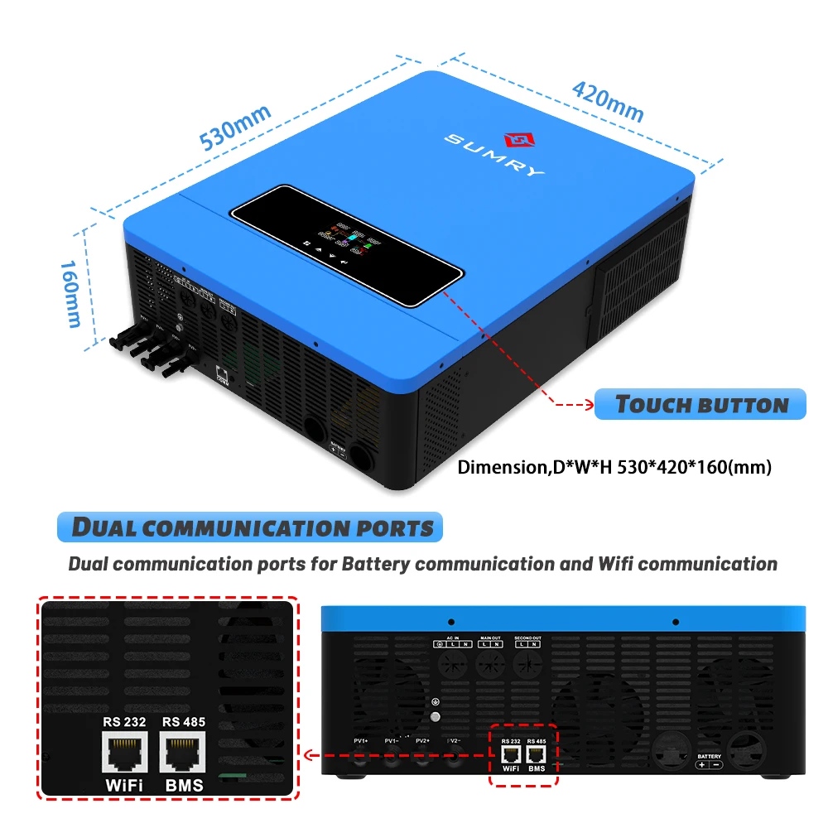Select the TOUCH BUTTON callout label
point(700,405)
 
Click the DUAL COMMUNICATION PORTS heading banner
point(251,527)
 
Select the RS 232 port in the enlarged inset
point(124,754)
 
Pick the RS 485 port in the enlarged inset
point(183,754)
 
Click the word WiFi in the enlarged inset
point(124,784)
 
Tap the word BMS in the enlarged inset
point(183,784)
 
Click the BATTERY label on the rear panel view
point(709,757)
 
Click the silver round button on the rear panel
point(436,718)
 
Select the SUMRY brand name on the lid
point(495,154)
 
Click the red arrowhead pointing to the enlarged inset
point(307,755)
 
